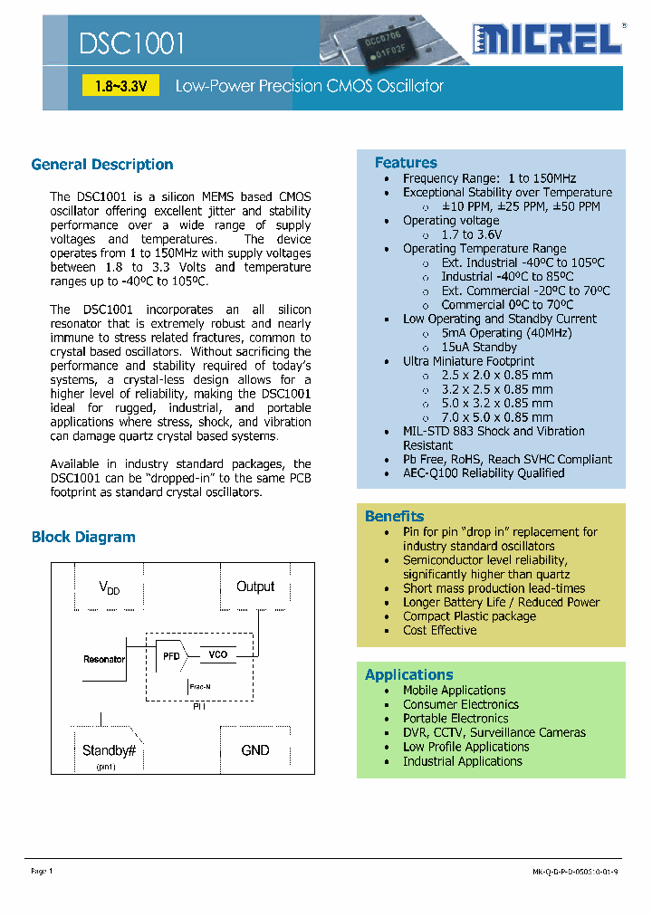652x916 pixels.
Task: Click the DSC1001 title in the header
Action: click(x=132, y=43)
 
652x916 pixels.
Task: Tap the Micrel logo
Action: click(x=548, y=39)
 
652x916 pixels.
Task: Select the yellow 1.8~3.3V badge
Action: click(x=120, y=86)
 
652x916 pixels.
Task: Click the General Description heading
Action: click(x=102, y=165)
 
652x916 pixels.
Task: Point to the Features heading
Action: click(x=406, y=163)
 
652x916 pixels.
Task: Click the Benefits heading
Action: click(x=394, y=516)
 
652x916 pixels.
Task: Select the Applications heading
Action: click(x=408, y=674)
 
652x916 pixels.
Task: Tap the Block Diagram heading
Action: click(x=83, y=537)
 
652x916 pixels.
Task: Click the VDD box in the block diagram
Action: click(x=109, y=589)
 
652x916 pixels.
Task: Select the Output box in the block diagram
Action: click(x=255, y=587)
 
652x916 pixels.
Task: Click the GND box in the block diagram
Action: click(x=255, y=750)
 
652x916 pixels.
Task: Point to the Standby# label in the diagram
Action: click(x=109, y=750)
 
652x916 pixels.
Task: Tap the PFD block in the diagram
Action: click(x=170, y=656)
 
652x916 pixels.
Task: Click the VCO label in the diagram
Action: click(x=218, y=654)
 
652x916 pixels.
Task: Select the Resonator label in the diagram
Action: click(x=103, y=659)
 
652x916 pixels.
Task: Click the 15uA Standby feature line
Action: click(x=479, y=348)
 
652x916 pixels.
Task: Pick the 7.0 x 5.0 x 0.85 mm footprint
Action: click(x=496, y=417)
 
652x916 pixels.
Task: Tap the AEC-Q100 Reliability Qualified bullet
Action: click(x=484, y=473)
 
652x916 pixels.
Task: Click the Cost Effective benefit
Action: click(x=439, y=630)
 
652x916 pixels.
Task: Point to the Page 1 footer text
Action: click(x=42, y=871)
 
